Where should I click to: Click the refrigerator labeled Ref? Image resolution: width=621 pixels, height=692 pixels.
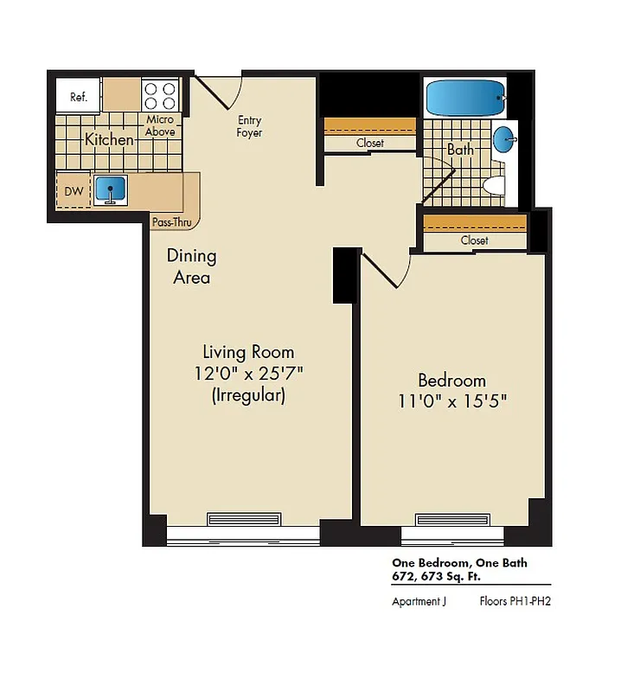click(x=79, y=97)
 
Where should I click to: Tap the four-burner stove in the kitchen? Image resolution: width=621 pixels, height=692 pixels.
click(x=160, y=94)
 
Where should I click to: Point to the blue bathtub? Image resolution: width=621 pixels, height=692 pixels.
click(x=465, y=99)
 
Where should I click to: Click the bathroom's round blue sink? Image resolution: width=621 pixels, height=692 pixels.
click(x=505, y=139)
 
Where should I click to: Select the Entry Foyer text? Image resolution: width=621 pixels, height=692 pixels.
click(x=249, y=126)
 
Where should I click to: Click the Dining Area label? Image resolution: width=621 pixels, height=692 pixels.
click(x=192, y=266)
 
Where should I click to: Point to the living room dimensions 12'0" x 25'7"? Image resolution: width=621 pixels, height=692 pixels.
click(x=248, y=374)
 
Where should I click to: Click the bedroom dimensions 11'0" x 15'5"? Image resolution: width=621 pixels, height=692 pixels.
click(x=451, y=401)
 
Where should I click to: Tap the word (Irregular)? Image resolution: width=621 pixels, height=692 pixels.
click(x=248, y=396)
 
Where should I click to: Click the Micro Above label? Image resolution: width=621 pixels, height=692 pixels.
click(x=160, y=125)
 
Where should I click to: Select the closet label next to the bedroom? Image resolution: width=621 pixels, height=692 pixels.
click(x=474, y=240)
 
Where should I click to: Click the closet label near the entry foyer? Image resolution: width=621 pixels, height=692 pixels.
click(x=369, y=143)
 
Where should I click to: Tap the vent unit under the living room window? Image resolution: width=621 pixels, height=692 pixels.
click(x=244, y=519)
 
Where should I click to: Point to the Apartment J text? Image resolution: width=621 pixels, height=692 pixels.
click(x=419, y=601)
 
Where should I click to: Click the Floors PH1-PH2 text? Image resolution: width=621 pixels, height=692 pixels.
click(x=515, y=601)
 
